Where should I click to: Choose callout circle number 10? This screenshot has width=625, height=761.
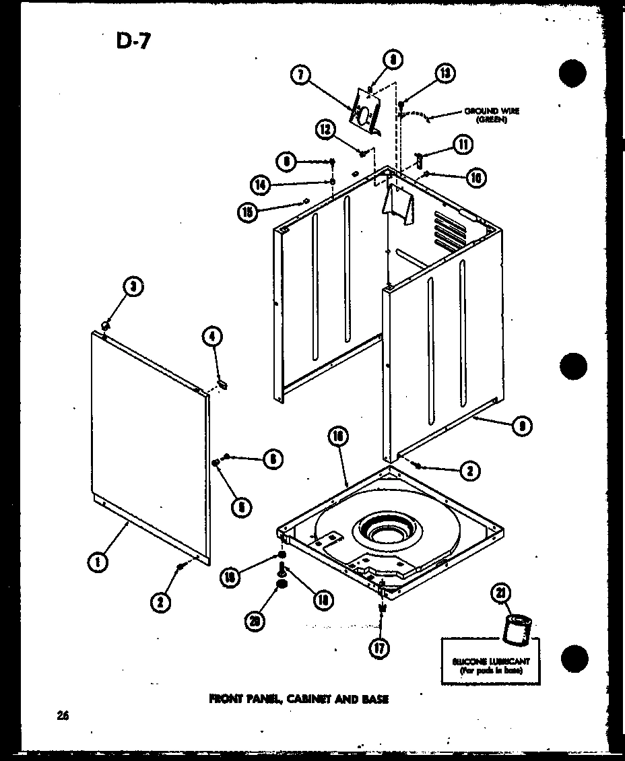(475, 177)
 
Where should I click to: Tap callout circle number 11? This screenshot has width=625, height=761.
(463, 143)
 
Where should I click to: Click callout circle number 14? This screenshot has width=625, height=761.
(259, 184)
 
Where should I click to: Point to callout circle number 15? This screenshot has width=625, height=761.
(248, 211)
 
